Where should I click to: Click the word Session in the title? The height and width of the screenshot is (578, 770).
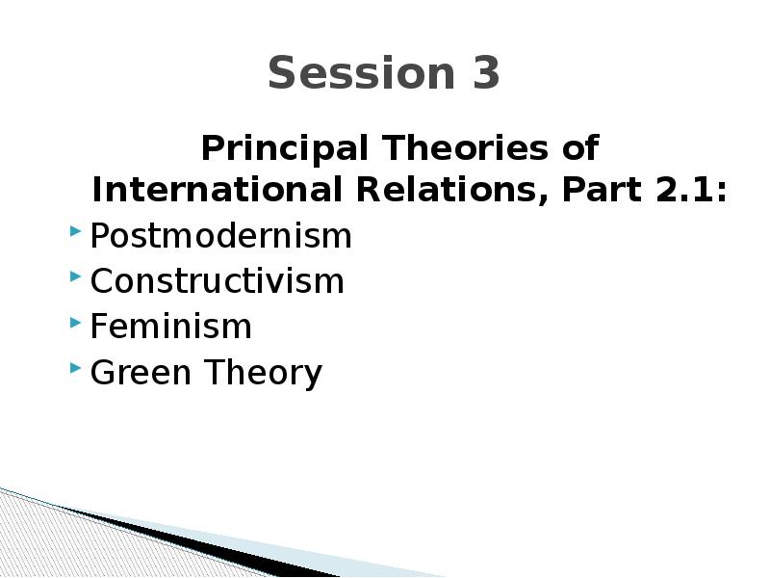(x=362, y=73)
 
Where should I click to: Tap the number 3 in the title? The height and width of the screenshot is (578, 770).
(x=486, y=73)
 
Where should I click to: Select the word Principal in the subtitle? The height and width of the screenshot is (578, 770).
(x=284, y=149)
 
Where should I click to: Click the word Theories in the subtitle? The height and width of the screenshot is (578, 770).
(x=464, y=147)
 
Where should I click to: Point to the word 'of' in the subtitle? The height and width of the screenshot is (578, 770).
(x=580, y=147)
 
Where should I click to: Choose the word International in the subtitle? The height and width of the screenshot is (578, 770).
(x=217, y=189)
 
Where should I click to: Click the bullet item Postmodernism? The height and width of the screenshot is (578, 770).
(x=221, y=236)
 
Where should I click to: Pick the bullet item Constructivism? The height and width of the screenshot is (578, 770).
(x=218, y=281)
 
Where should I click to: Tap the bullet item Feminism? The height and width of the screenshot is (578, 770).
(x=171, y=327)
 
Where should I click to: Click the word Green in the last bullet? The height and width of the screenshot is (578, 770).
(x=141, y=372)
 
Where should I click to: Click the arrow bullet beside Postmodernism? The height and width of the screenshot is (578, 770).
(x=75, y=230)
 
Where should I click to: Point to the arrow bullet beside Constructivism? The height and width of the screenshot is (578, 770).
(x=75, y=276)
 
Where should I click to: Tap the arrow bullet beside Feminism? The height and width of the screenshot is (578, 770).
(x=75, y=322)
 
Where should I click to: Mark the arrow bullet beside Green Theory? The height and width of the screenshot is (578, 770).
(x=75, y=367)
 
